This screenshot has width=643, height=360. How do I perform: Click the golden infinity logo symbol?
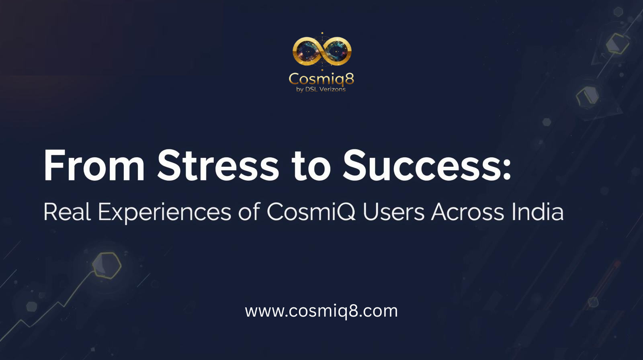click(x=322, y=51)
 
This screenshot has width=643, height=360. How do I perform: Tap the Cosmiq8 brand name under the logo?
click(x=321, y=79)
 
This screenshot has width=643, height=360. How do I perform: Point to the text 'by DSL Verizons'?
click(x=321, y=90)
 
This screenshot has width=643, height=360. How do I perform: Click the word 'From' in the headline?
click(x=94, y=166)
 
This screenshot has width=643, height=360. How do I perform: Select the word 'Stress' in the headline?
click(x=218, y=166)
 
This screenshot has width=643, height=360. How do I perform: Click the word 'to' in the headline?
click(x=311, y=166)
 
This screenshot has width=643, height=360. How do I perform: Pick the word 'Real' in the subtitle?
click(x=68, y=212)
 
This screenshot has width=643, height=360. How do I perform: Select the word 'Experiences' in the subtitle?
click(x=165, y=213)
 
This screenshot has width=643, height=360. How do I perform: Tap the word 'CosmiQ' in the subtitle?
click(x=311, y=212)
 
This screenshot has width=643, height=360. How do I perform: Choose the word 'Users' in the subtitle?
click(x=393, y=212)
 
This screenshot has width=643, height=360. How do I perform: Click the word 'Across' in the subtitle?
click(x=468, y=212)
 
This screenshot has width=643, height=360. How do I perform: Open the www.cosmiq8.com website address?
click(x=321, y=311)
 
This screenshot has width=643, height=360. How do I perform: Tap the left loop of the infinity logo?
click(x=307, y=51)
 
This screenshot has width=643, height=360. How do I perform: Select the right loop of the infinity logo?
click(x=337, y=51)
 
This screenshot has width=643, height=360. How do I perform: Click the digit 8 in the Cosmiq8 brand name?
click(x=349, y=78)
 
